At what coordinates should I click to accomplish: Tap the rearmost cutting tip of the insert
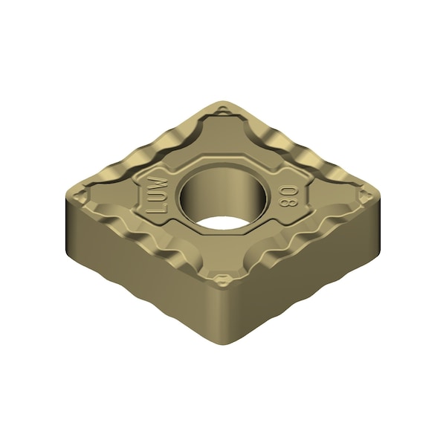coord(223,103)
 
